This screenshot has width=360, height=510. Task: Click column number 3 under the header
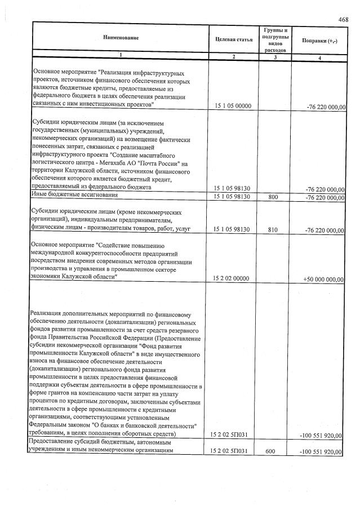click(275, 58)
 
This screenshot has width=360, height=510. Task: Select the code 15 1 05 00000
click(233, 106)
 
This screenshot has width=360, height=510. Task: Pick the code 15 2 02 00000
click(233, 279)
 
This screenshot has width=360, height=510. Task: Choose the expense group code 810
click(274, 230)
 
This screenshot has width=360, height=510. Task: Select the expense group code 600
click(274, 452)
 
